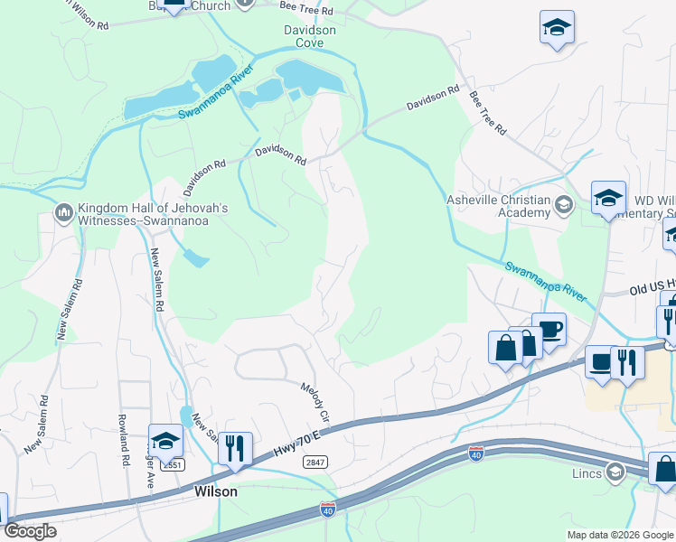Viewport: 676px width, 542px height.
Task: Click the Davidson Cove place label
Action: coord(310,36)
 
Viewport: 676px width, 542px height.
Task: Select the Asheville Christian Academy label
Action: coord(500,206)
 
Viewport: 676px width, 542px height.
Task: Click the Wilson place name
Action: coord(216,492)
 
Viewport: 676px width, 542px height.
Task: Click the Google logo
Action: coord(30,531)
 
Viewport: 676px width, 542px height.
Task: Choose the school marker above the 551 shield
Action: coord(165,442)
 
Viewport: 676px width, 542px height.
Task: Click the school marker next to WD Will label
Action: coord(608,199)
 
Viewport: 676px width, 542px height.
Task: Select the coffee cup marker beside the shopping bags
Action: coord(548,329)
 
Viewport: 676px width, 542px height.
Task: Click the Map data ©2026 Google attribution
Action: coord(620,535)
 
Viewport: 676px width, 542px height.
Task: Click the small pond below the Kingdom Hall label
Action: coord(194,258)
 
